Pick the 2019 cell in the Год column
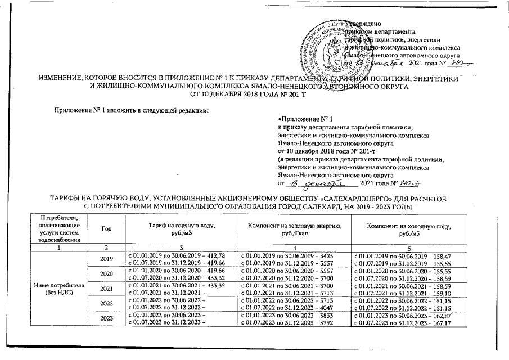coord(106,260)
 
